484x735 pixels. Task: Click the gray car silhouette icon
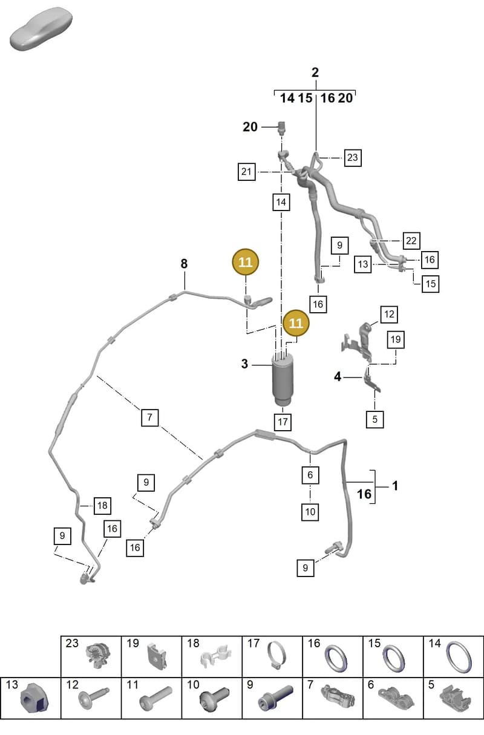pos(41,29)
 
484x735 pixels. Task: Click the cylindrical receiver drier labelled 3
pos(283,379)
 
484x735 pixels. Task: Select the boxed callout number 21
pos(246,172)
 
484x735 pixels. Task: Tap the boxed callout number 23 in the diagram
pos(353,157)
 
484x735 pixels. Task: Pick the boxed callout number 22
pos(411,241)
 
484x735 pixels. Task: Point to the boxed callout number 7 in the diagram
pos(149,417)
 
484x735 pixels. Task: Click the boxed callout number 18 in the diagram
pos(102,505)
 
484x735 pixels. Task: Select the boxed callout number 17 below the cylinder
pos(283,422)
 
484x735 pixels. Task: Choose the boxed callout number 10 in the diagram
pos(310,512)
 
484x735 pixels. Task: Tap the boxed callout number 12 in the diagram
pos(389,315)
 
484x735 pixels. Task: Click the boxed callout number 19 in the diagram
pos(396,339)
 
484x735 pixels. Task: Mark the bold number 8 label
pos(184,264)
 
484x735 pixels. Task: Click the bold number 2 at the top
pos(315,72)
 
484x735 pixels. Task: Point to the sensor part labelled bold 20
pos(282,128)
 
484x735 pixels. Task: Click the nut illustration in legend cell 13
pos(34,701)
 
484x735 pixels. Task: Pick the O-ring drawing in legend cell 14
pos(459,656)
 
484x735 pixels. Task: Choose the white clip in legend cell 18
pos(215,655)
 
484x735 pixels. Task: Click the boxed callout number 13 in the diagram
pos(363,264)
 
